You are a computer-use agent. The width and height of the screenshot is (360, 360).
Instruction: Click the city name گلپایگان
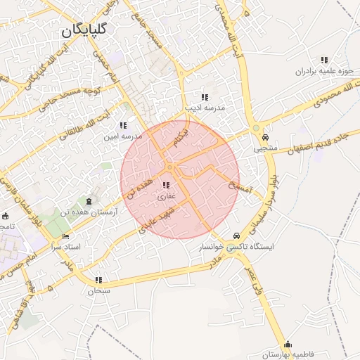click(84, 30)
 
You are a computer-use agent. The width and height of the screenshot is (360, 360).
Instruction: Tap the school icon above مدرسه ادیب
click(204, 97)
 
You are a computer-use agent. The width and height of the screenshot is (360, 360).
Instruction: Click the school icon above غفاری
click(167, 186)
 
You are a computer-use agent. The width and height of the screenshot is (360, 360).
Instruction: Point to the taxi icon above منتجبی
click(265, 138)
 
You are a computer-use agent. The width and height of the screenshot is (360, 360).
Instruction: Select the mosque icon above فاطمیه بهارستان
click(288, 344)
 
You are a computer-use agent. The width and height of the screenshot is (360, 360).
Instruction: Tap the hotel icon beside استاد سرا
click(66, 236)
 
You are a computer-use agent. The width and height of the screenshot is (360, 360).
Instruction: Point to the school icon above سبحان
click(98, 279)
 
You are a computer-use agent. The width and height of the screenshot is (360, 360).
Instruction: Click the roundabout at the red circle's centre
click(171, 167)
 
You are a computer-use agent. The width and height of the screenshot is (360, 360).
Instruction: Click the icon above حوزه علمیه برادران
click(323, 60)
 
